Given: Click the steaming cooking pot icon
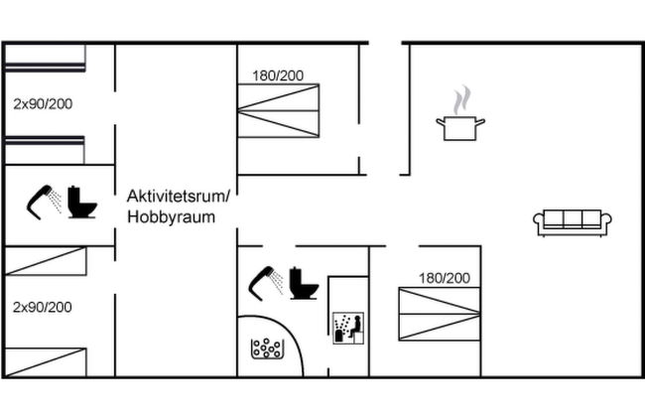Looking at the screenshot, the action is (x=460, y=113).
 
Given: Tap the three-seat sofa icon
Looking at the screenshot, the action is (x=573, y=222).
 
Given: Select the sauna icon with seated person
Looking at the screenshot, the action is (x=348, y=328).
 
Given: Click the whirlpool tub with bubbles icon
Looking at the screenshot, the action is (x=267, y=348).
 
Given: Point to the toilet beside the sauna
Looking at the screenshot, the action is (x=304, y=283).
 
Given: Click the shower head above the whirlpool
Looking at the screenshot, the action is (x=266, y=283).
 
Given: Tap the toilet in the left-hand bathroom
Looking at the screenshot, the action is (x=81, y=202).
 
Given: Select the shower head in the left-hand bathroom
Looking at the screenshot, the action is (x=44, y=203).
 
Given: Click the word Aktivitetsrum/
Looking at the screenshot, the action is (x=179, y=196).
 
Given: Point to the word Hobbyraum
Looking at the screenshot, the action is (x=171, y=216).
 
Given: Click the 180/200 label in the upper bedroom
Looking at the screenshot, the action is (x=278, y=75).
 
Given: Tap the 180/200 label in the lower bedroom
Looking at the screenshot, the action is (x=445, y=278).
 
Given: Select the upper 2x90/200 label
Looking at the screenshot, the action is (x=43, y=104).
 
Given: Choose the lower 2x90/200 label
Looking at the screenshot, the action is (x=43, y=307).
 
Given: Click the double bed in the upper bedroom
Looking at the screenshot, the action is (x=279, y=111).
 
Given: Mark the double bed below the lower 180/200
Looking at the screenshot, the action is (x=440, y=314).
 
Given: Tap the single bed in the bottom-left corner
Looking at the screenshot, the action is (x=46, y=362).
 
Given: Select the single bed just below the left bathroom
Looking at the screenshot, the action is (x=46, y=261).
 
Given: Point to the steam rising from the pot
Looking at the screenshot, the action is (x=462, y=100).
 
